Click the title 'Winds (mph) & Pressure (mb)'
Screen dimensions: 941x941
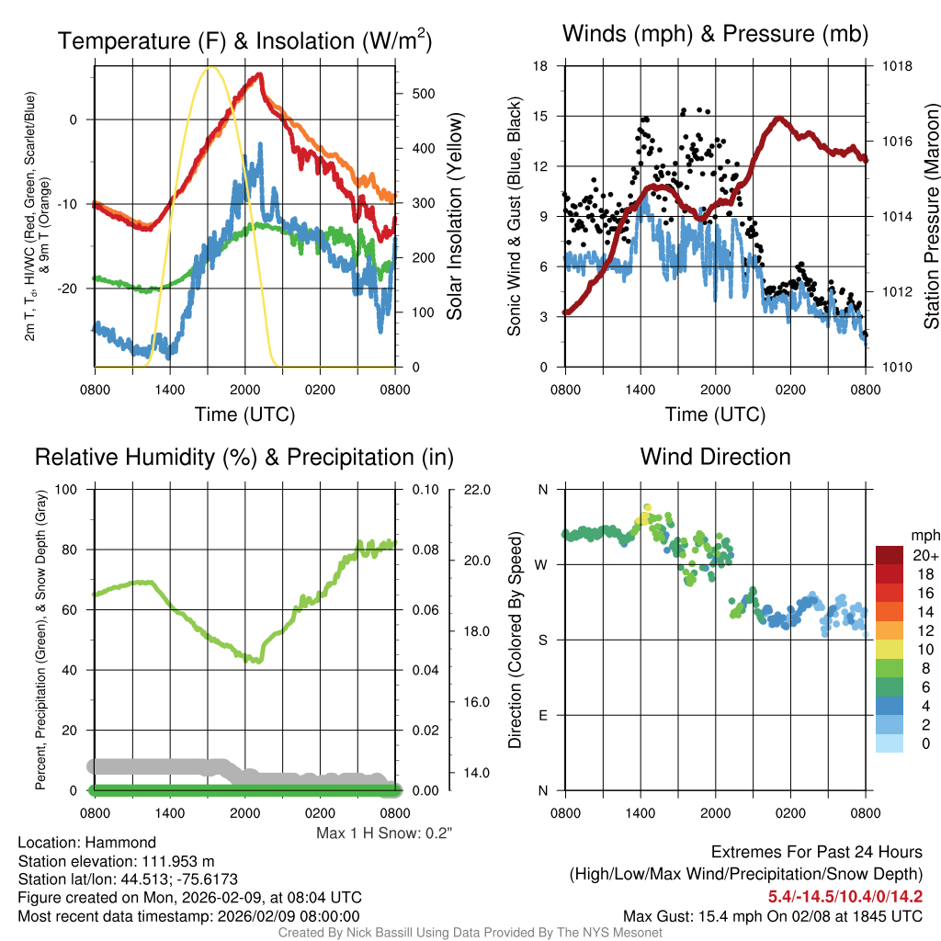715,35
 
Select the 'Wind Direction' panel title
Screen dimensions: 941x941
715,457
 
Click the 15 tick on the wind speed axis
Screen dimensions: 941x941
540,116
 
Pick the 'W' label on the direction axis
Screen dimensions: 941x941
542,564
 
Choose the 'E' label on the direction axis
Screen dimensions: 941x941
543,715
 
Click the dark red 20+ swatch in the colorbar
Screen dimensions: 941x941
890,555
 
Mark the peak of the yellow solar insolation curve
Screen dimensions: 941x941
211,67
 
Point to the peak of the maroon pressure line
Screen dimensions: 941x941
779,118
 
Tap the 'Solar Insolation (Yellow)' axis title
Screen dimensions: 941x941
454,217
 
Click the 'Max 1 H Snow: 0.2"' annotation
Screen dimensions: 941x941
384,833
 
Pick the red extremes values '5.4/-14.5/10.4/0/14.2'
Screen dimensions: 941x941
845,896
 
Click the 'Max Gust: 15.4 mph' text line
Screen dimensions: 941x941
773,915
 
